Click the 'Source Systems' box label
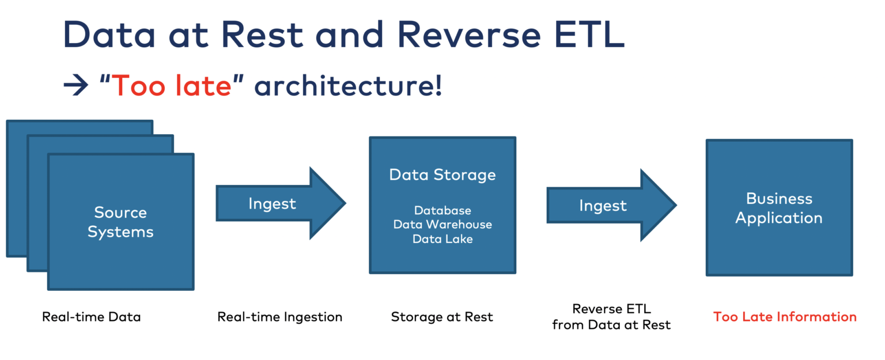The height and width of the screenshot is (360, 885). coord(120,222)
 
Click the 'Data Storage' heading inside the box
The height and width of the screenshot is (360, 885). coord(442,175)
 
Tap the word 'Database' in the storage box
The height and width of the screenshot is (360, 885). coord(442,210)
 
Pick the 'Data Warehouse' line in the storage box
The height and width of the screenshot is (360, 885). coord(442,225)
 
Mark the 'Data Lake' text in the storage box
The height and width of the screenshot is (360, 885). coord(442,238)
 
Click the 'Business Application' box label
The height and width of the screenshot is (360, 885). coord(778,209)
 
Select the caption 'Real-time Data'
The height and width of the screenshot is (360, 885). coord(91,317)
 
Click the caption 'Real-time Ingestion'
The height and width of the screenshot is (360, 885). coord(279,317)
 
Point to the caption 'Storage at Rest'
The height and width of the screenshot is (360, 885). coord(442,317)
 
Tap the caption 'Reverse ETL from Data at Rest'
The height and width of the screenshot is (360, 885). coord(611,317)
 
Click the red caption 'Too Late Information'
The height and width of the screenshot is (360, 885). coord(784,317)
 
